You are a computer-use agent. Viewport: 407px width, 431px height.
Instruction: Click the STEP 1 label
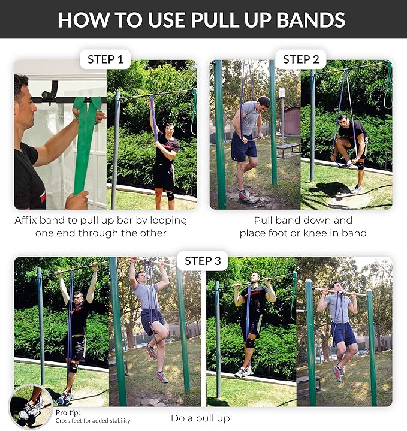coord(105,59)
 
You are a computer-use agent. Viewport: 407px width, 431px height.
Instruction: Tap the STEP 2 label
coord(301,59)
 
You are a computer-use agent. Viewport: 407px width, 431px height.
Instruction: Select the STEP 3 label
coord(203,260)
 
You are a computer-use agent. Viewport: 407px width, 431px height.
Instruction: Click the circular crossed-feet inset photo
coord(30,406)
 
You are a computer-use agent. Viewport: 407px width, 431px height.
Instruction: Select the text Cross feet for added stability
coord(93,421)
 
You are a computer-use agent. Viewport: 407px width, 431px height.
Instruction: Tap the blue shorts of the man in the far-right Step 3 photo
coord(343,333)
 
